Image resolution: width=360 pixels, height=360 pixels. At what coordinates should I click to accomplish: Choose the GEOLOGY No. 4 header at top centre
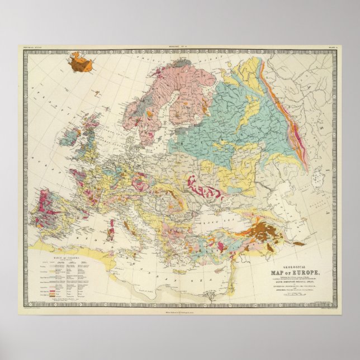coord(180,48)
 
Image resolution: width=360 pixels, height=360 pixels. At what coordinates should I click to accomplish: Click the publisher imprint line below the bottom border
coord(180,311)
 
